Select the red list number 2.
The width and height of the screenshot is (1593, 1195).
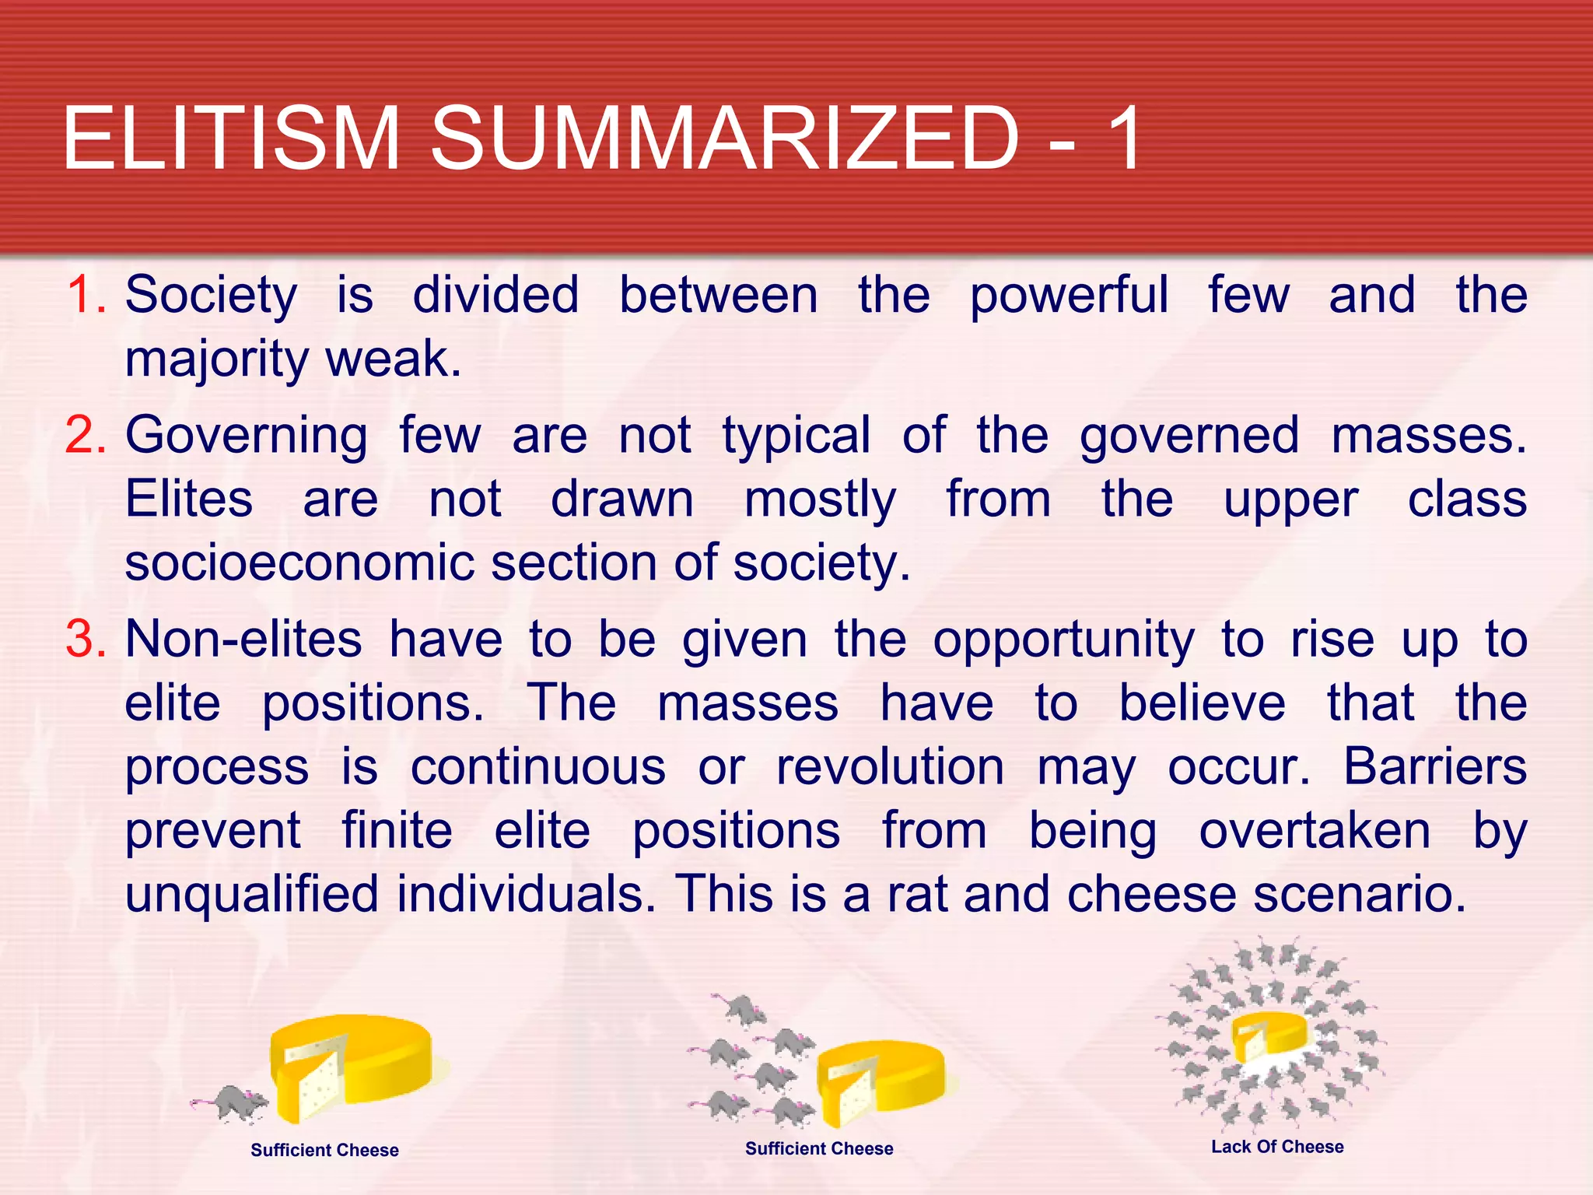click(86, 436)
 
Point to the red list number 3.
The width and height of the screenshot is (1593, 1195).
click(86, 640)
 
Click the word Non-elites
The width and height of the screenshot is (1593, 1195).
click(243, 640)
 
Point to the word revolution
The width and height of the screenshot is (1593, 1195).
click(890, 768)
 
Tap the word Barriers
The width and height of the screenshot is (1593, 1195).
click(1434, 768)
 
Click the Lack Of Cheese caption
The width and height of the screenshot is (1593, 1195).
click(1277, 1147)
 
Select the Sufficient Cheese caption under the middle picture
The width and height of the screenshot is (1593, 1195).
click(819, 1148)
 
